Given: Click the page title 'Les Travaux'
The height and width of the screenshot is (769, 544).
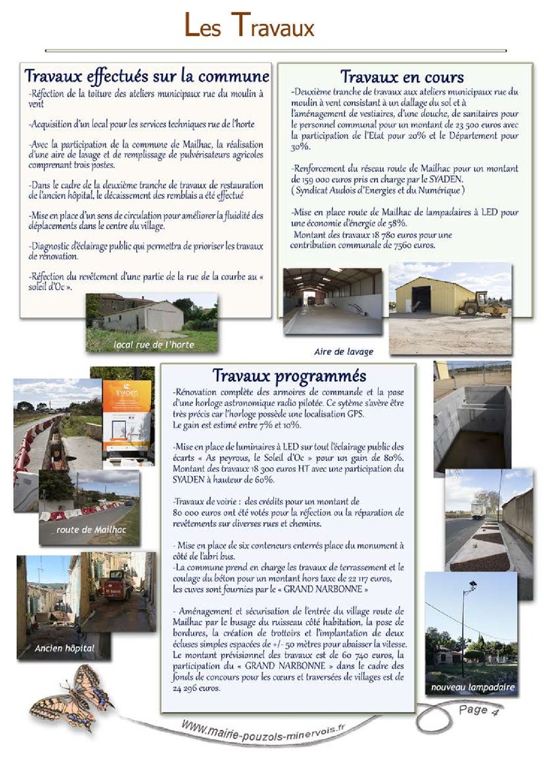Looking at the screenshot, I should [250, 27].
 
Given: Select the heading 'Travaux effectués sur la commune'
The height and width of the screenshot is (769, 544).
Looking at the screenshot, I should [147, 75].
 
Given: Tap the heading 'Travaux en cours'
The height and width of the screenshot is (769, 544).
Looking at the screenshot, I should [402, 77].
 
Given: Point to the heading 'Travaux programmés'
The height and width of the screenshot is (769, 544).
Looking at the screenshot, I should [289, 375].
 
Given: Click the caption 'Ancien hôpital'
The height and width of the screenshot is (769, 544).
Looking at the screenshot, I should [65, 649].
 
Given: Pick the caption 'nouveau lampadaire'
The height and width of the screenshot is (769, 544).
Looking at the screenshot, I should [473, 688].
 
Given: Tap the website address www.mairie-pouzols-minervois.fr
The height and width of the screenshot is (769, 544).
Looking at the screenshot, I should [264, 735].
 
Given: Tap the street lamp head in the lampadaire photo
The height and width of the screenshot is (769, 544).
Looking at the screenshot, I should [472, 585].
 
